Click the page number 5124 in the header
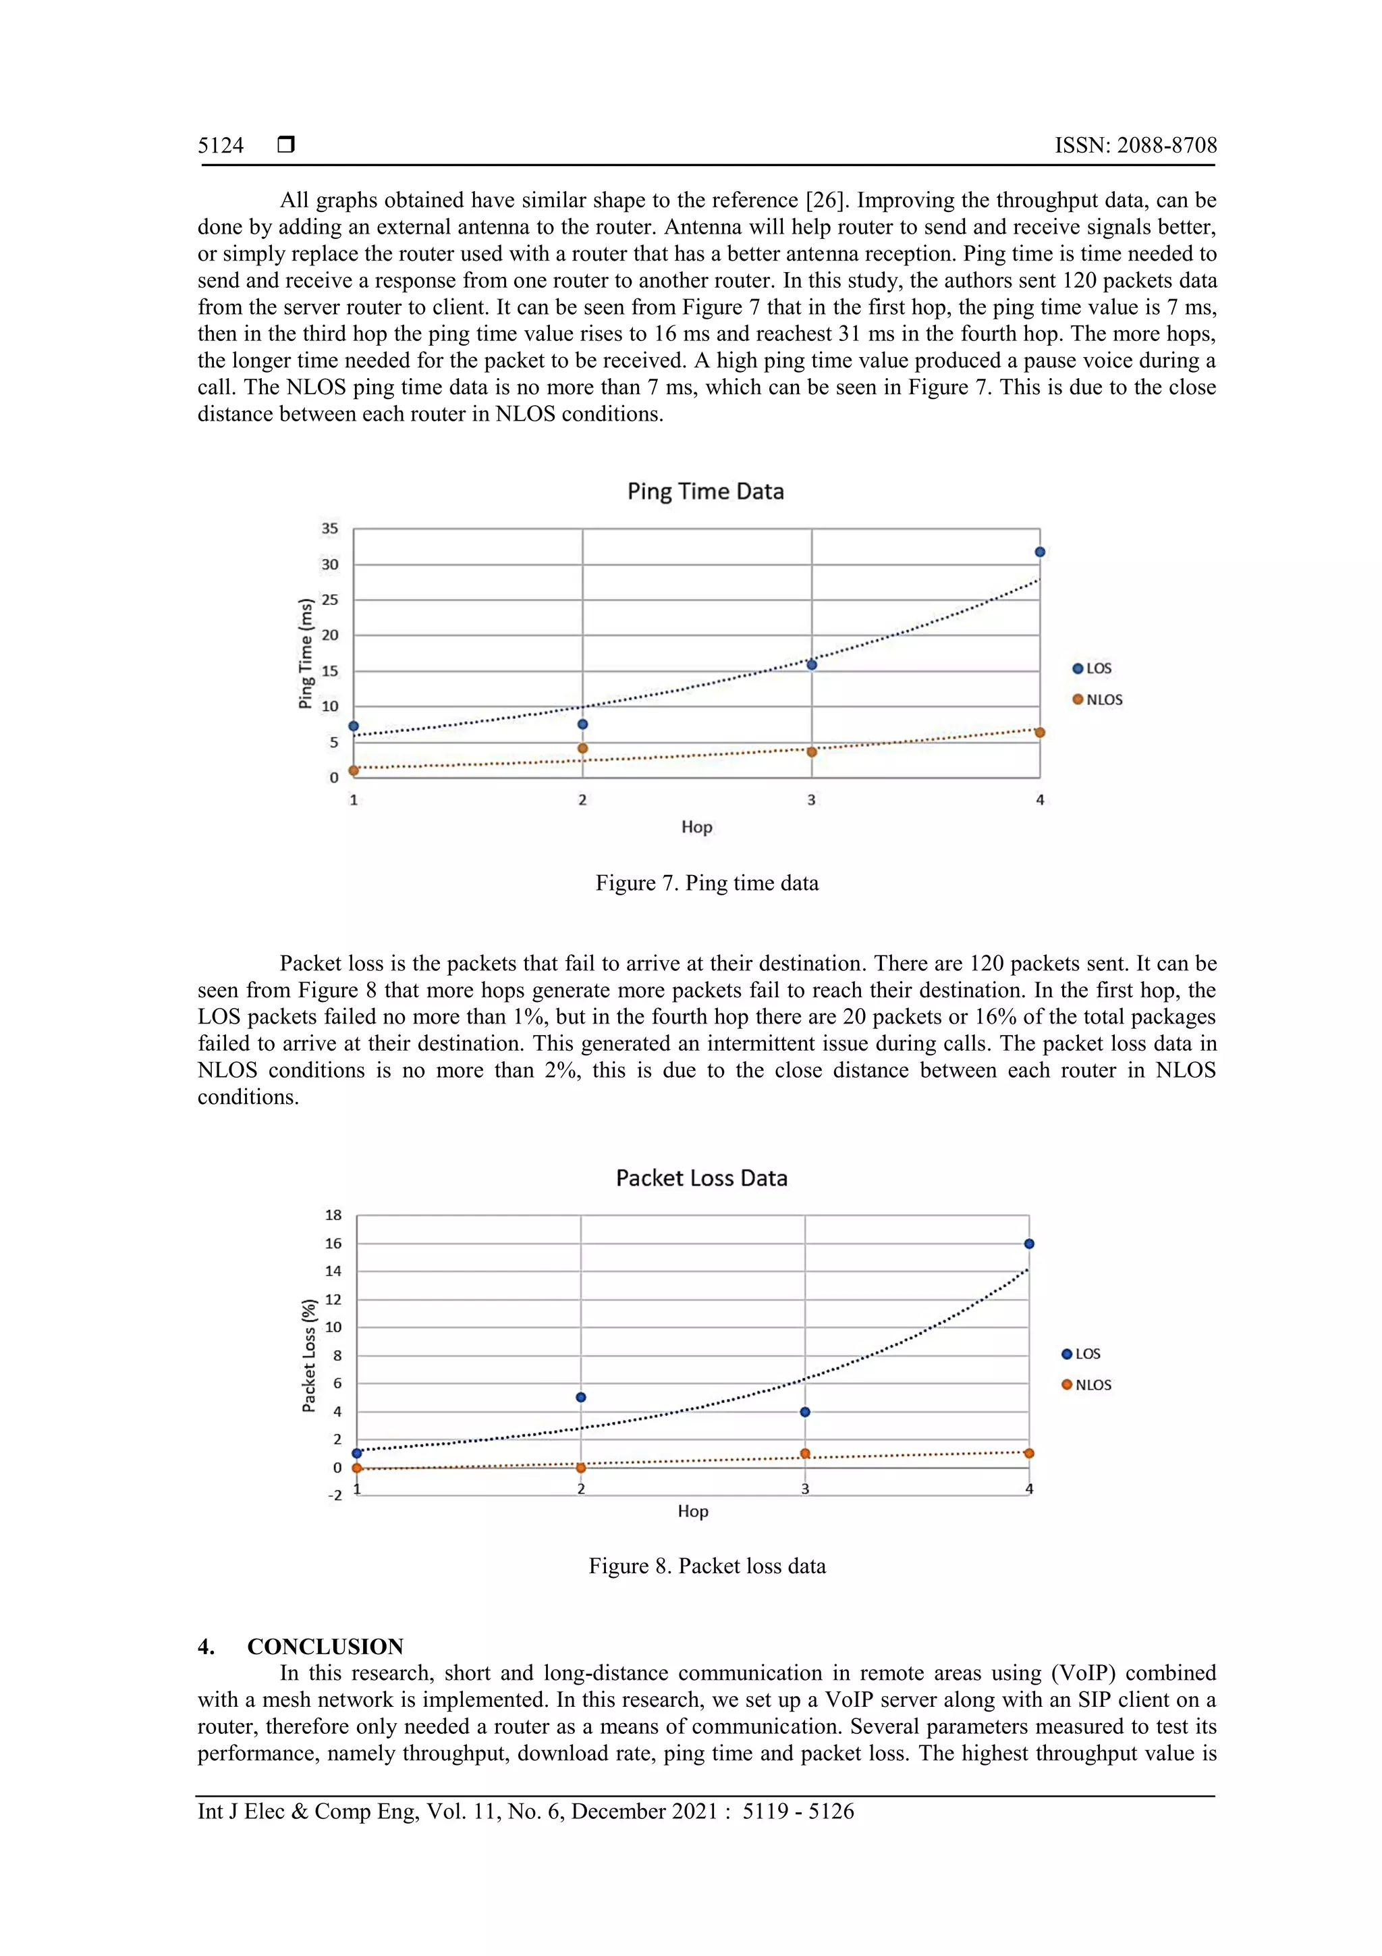tap(221, 146)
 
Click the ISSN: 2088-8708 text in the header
tap(1135, 146)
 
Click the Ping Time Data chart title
tap(705, 492)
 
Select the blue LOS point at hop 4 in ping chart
tap(1040, 552)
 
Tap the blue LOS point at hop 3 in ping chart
tap(812, 664)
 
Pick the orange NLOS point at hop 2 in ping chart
tap(582, 749)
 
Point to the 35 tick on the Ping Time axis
tap(329, 528)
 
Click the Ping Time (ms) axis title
tap(306, 654)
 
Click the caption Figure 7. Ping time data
tap(707, 882)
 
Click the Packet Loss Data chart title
tap(702, 1178)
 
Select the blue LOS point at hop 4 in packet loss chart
tap(1028, 1244)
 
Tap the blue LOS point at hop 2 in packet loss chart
tap(581, 1397)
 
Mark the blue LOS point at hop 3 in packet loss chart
tap(804, 1412)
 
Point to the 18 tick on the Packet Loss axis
tap(333, 1215)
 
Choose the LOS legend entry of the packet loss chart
tap(1082, 1354)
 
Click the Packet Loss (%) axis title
tap(309, 1355)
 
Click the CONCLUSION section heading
tap(325, 1646)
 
